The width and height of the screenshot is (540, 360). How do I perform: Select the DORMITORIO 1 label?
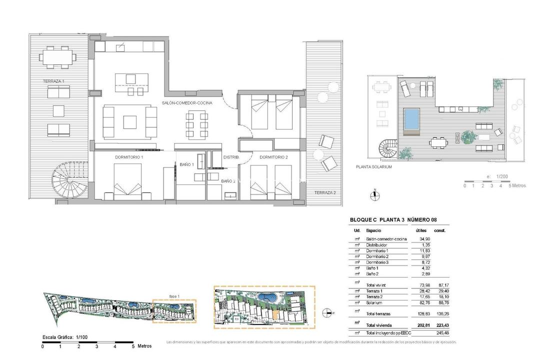(129, 157)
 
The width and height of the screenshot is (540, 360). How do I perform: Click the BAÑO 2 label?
(228, 181)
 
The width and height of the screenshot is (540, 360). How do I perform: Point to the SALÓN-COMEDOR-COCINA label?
(187, 102)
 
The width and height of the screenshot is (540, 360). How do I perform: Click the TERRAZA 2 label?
(325, 192)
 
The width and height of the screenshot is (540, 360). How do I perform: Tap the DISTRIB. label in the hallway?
(231, 157)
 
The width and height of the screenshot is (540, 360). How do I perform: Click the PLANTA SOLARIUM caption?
(373, 167)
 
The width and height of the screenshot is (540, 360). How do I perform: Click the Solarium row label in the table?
(375, 302)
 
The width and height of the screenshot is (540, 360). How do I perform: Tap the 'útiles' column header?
(422, 230)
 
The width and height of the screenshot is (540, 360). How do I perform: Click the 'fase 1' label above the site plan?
(174, 295)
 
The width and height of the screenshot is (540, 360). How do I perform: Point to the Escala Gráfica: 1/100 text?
(65, 338)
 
